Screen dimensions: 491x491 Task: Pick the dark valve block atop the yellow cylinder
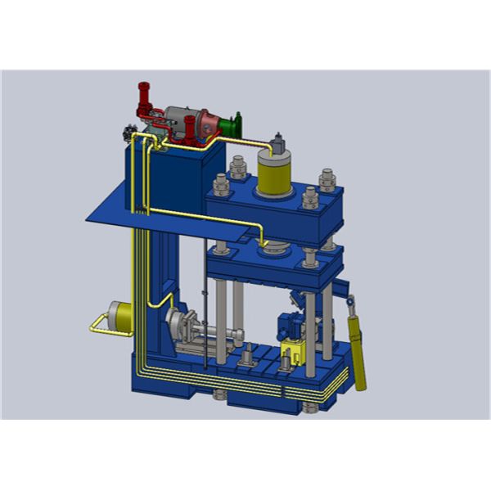click(x=279, y=145)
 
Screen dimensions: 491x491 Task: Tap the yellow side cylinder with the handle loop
click(x=122, y=318)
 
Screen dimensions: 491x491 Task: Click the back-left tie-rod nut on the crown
click(x=238, y=169)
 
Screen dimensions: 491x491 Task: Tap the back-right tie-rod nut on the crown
click(x=327, y=178)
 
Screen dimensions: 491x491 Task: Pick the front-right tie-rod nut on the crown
click(x=310, y=197)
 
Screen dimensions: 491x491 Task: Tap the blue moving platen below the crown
click(x=270, y=264)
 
